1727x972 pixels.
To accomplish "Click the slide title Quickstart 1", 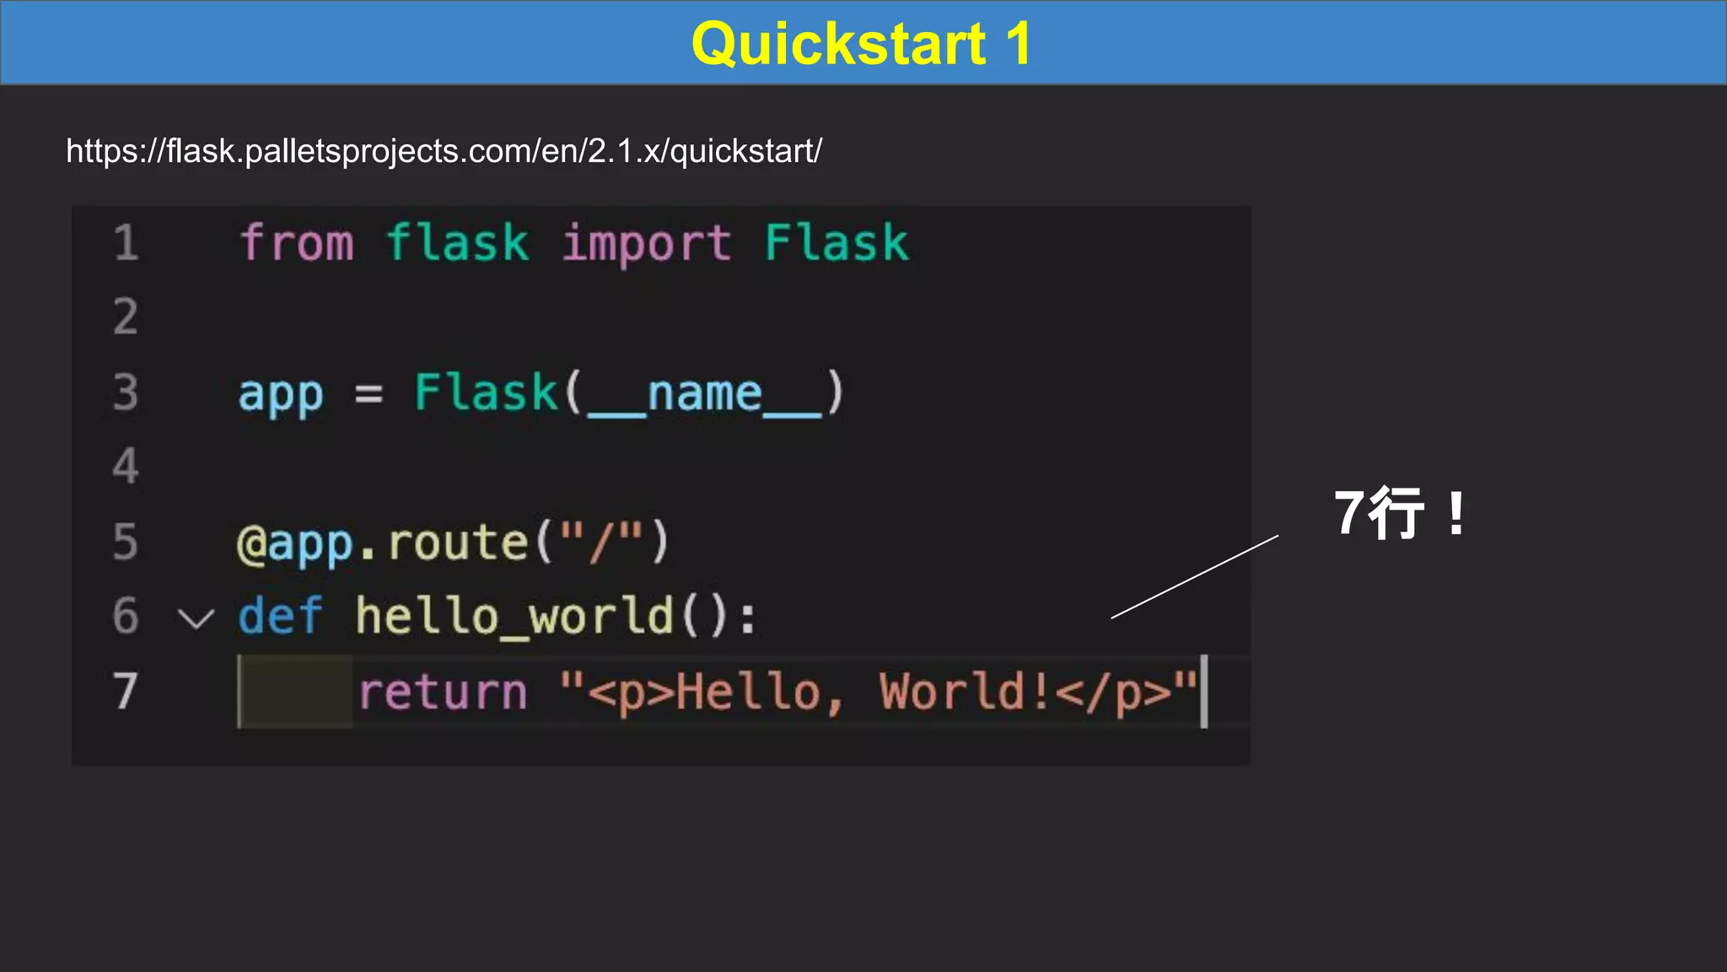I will point(861,43).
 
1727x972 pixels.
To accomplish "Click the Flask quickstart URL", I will point(444,151).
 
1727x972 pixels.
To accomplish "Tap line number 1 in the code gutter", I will point(126,243).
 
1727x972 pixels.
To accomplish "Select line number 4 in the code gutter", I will point(126,467).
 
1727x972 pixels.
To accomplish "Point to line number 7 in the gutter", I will point(126,691).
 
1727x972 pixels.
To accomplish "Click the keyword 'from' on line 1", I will point(297,243).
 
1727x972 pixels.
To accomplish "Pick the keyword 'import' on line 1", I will point(646,243).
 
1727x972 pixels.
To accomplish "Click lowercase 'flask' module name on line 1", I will point(457,243).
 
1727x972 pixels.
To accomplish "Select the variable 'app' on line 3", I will point(281,393).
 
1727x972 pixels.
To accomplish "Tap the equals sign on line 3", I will point(369,393).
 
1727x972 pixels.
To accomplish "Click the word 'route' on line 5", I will point(457,543).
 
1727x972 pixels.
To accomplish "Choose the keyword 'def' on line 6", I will point(280,616).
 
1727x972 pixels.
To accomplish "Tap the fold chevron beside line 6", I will point(196,619).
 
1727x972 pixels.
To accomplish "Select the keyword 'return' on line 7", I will point(443,692).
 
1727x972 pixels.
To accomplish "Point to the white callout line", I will point(1195,576).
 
